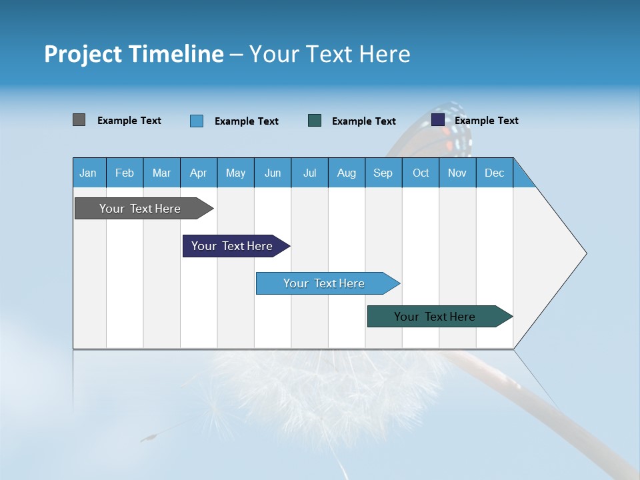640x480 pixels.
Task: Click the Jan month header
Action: (x=89, y=173)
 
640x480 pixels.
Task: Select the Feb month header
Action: (x=125, y=173)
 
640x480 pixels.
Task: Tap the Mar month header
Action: (x=161, y=173)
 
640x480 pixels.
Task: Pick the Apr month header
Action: (x=199, y=173)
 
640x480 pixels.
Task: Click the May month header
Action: (x=235, y=173)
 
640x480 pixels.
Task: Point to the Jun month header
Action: (x=273, y=173)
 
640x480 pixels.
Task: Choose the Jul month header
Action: (x=309, y=173)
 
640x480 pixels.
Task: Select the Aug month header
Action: (x=347, y=173)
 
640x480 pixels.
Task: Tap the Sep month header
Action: (x=383, y=173)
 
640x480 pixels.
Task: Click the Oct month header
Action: (x=421, y=173)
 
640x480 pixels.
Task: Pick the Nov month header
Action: (x=457, y=173)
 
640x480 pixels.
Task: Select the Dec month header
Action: (x=495, y=173)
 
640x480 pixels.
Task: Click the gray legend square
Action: (x=79, y=120)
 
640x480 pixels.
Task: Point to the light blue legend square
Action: (x=197, y=121)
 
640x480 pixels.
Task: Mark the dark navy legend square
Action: (x=438, y=120)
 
